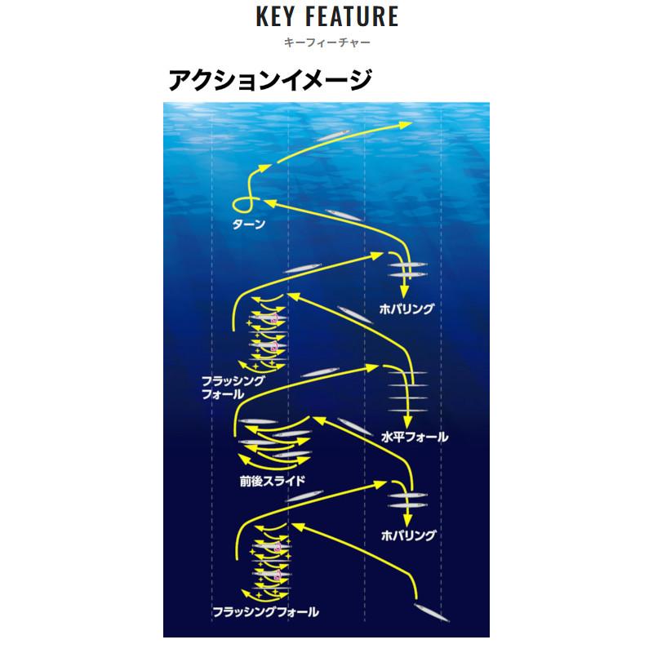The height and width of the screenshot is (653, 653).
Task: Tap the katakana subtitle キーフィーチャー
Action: pos(326,42)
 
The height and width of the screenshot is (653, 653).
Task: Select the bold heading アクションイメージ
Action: pos(270,81)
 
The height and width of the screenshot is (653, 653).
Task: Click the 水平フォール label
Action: pos(415,437)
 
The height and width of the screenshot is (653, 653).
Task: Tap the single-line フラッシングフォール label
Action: pos(265,611)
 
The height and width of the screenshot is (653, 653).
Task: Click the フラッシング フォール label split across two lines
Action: pos(233,387)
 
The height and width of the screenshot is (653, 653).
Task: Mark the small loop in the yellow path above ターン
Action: pos(239,203)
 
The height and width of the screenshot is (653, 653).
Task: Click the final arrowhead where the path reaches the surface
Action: pos(404,124)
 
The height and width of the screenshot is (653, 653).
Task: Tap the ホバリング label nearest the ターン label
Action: pos(406,309)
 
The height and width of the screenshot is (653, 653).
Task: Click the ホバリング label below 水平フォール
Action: pos(408,535)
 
